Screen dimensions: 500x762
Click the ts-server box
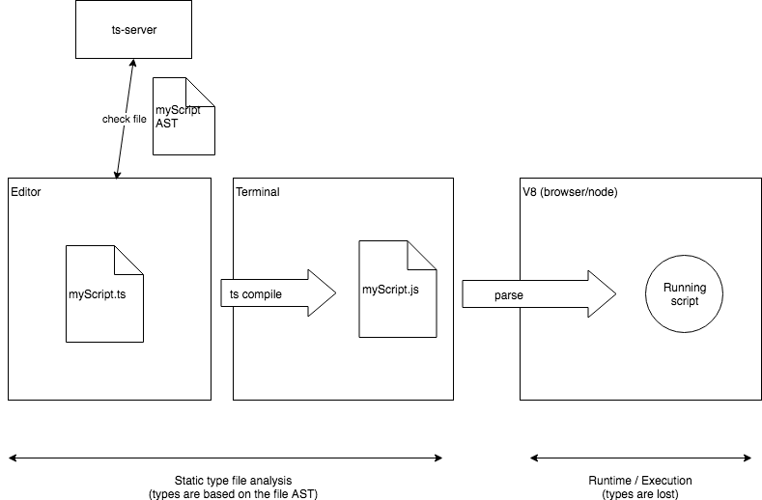click(x=133, y=30)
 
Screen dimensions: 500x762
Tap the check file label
click(x=125, y=120)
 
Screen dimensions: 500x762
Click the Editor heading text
click(x=26, y=192)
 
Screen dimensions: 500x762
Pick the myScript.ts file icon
click(x=104, y=293)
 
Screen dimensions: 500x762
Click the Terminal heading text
click(x=258, y=192)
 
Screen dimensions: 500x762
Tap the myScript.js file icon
click(x=397, y=289)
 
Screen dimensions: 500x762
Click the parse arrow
click(x=537, y=293)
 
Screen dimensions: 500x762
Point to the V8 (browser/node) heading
click(x=570, y=192)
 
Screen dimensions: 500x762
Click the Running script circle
click(x=685, y=293)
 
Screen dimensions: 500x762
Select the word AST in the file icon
click(x=167, y=124)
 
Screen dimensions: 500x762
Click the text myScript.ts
click(x=98, y=293)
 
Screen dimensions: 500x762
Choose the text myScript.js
click(x=391, y=290)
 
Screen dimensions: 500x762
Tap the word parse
click(x=509, y=293)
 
